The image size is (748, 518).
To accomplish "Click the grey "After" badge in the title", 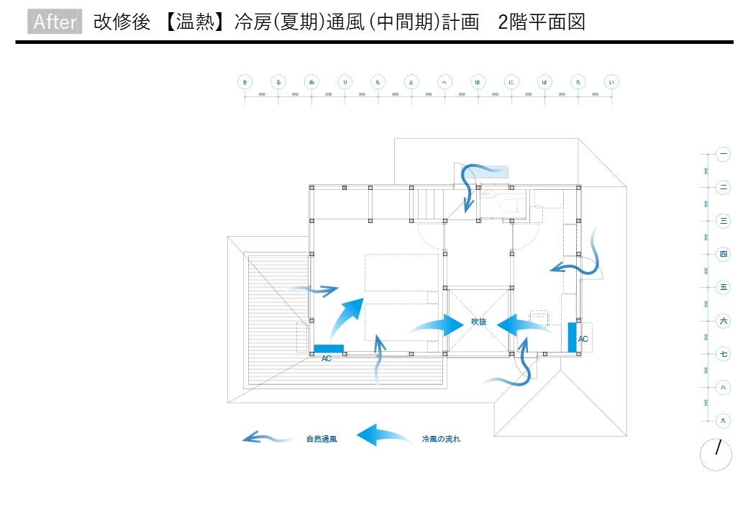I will [x=55, y=22].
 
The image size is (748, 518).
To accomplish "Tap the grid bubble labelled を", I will [x=245, y=83].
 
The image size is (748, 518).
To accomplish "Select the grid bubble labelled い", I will [x=612, y=83].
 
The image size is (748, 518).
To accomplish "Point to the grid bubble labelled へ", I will [x=445, y=83].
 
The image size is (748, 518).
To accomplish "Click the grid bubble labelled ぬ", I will [x=311, y=83].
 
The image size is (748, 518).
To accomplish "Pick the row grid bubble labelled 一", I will [x=724, y=154].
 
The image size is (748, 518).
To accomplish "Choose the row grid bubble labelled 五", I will [x=724, y=288].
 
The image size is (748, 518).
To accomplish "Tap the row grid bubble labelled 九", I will [x=724, y=421].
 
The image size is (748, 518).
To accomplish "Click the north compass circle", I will [x=716, y=455].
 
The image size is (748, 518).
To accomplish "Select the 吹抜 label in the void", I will [x=479, y=322].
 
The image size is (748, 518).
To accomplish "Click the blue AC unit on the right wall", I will [x=573, y=337].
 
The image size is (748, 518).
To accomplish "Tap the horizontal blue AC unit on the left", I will [x=329, y=349].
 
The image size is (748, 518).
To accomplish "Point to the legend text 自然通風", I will [x=321, y=439].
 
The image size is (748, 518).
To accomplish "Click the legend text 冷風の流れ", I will [x=441, y=439].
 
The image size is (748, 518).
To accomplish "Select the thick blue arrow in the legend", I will [x=384, y=435].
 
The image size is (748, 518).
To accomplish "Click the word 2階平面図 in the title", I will [x=541, y=22].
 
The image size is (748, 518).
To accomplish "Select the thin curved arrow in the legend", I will [x=267, y=437].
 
